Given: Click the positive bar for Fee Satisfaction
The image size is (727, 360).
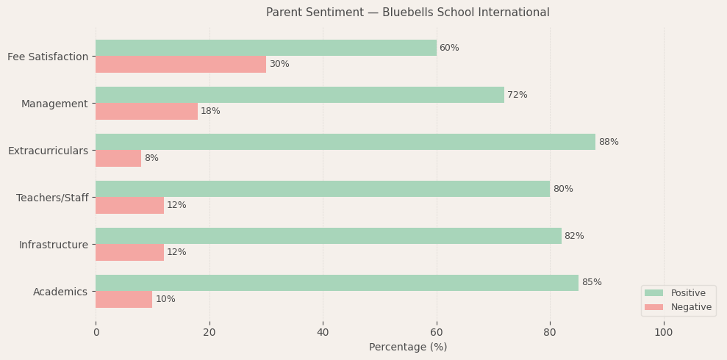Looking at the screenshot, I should pos(265,48).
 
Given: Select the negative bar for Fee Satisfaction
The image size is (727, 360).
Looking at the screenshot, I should pos(181,64).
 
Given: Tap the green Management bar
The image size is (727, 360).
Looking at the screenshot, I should pos(300,95).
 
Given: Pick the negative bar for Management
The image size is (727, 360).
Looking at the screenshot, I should pos(146,111).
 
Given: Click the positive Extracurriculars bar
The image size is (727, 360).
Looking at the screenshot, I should pos(345,142).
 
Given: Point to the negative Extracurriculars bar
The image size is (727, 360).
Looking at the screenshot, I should pos(118,158).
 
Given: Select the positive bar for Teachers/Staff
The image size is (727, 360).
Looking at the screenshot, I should pos(323,189).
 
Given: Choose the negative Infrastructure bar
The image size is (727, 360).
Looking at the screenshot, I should pos(129,252).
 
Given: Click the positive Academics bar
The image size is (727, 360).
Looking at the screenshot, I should pos(337,283).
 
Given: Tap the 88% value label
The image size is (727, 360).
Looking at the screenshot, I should pos(609,142).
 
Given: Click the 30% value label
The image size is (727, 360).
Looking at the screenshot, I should pos(279,64).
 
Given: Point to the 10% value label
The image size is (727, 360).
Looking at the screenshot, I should pos(165,299).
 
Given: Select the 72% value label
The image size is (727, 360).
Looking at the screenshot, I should pos(518,95).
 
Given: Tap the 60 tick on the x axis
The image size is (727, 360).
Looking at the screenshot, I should pos(437,333).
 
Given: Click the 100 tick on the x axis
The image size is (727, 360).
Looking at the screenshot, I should pos(664,333).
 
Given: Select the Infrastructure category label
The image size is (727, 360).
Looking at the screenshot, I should pos(53,245).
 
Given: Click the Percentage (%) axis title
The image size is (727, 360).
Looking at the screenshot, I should pos(408,348).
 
